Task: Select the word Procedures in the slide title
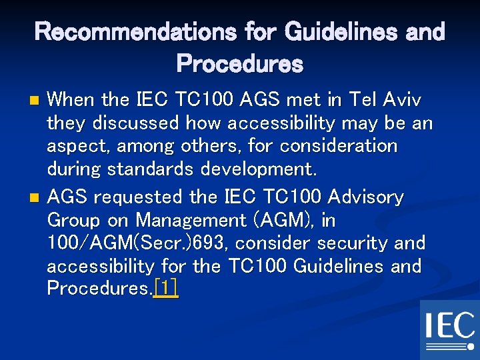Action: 239,64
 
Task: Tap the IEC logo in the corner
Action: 449,329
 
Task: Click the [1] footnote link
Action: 165,289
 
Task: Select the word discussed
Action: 137,123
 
